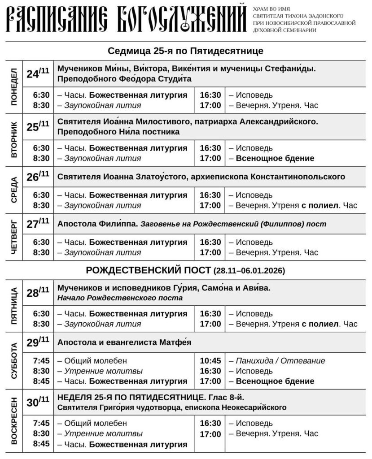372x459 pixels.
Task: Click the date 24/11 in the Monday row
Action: [38, 73]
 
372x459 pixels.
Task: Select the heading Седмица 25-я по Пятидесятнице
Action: [186, 51]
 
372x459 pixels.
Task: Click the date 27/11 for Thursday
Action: [38, 224]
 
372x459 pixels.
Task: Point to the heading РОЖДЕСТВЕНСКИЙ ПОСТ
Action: [148, 271]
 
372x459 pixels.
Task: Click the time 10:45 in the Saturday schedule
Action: [210, 361]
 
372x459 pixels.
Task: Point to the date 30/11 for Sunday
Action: [38, 402]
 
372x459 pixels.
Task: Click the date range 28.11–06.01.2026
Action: [249, 271]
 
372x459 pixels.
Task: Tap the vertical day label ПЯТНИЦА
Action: [13, 306]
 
